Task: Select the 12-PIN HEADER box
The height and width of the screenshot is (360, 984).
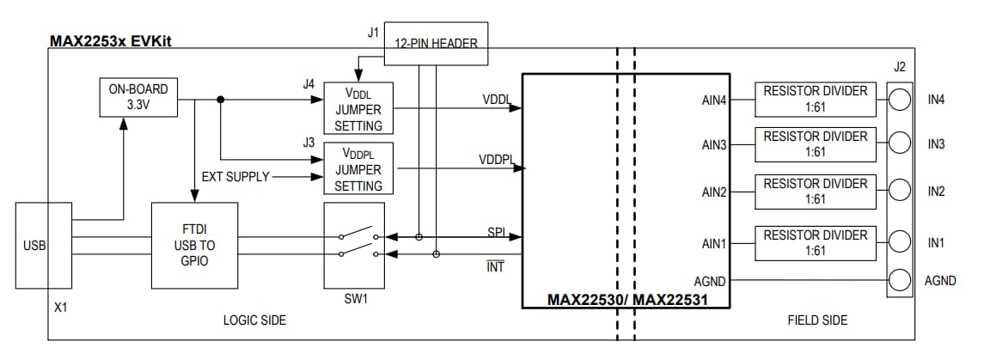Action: [x=435, y=43]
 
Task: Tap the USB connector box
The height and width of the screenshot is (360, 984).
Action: [x=44, y=245]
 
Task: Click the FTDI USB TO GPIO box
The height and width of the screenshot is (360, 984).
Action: [x=194, y=245]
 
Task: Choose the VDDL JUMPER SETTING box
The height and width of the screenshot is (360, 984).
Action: [x=358, y=108]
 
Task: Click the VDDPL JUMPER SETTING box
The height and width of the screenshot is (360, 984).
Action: [x=358, y=168]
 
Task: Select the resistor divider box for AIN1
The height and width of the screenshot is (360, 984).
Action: [x=816, y=242]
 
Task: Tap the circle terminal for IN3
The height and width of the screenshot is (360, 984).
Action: [x=899, y=144]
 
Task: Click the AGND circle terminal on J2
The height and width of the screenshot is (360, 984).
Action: [x=899, y=280]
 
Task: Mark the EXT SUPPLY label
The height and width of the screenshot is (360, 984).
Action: [x=235, y=178]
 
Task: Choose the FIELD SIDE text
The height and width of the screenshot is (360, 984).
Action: [x=816, y=320]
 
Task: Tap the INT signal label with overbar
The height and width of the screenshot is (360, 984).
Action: [x=496, y=267]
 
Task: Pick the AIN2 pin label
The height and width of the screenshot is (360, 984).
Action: [x=713, y=192]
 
